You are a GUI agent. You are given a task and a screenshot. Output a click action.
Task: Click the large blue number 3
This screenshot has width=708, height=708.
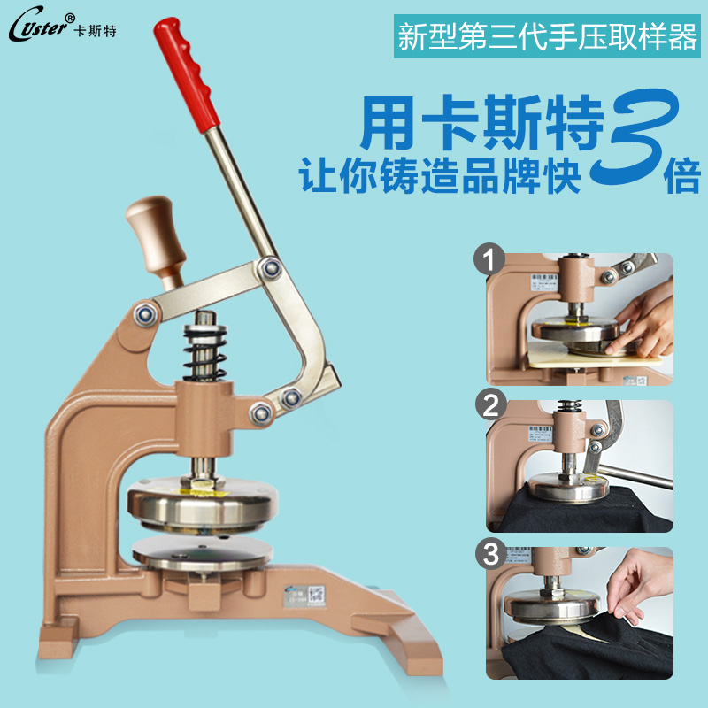pyautogui.click(x=637, y=142)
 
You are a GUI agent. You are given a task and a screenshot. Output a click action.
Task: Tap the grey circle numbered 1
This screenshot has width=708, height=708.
pyautogui.click(x=489, y=261)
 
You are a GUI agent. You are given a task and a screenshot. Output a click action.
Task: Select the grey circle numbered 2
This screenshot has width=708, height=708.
pyautogui.click(x=489, y=406)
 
